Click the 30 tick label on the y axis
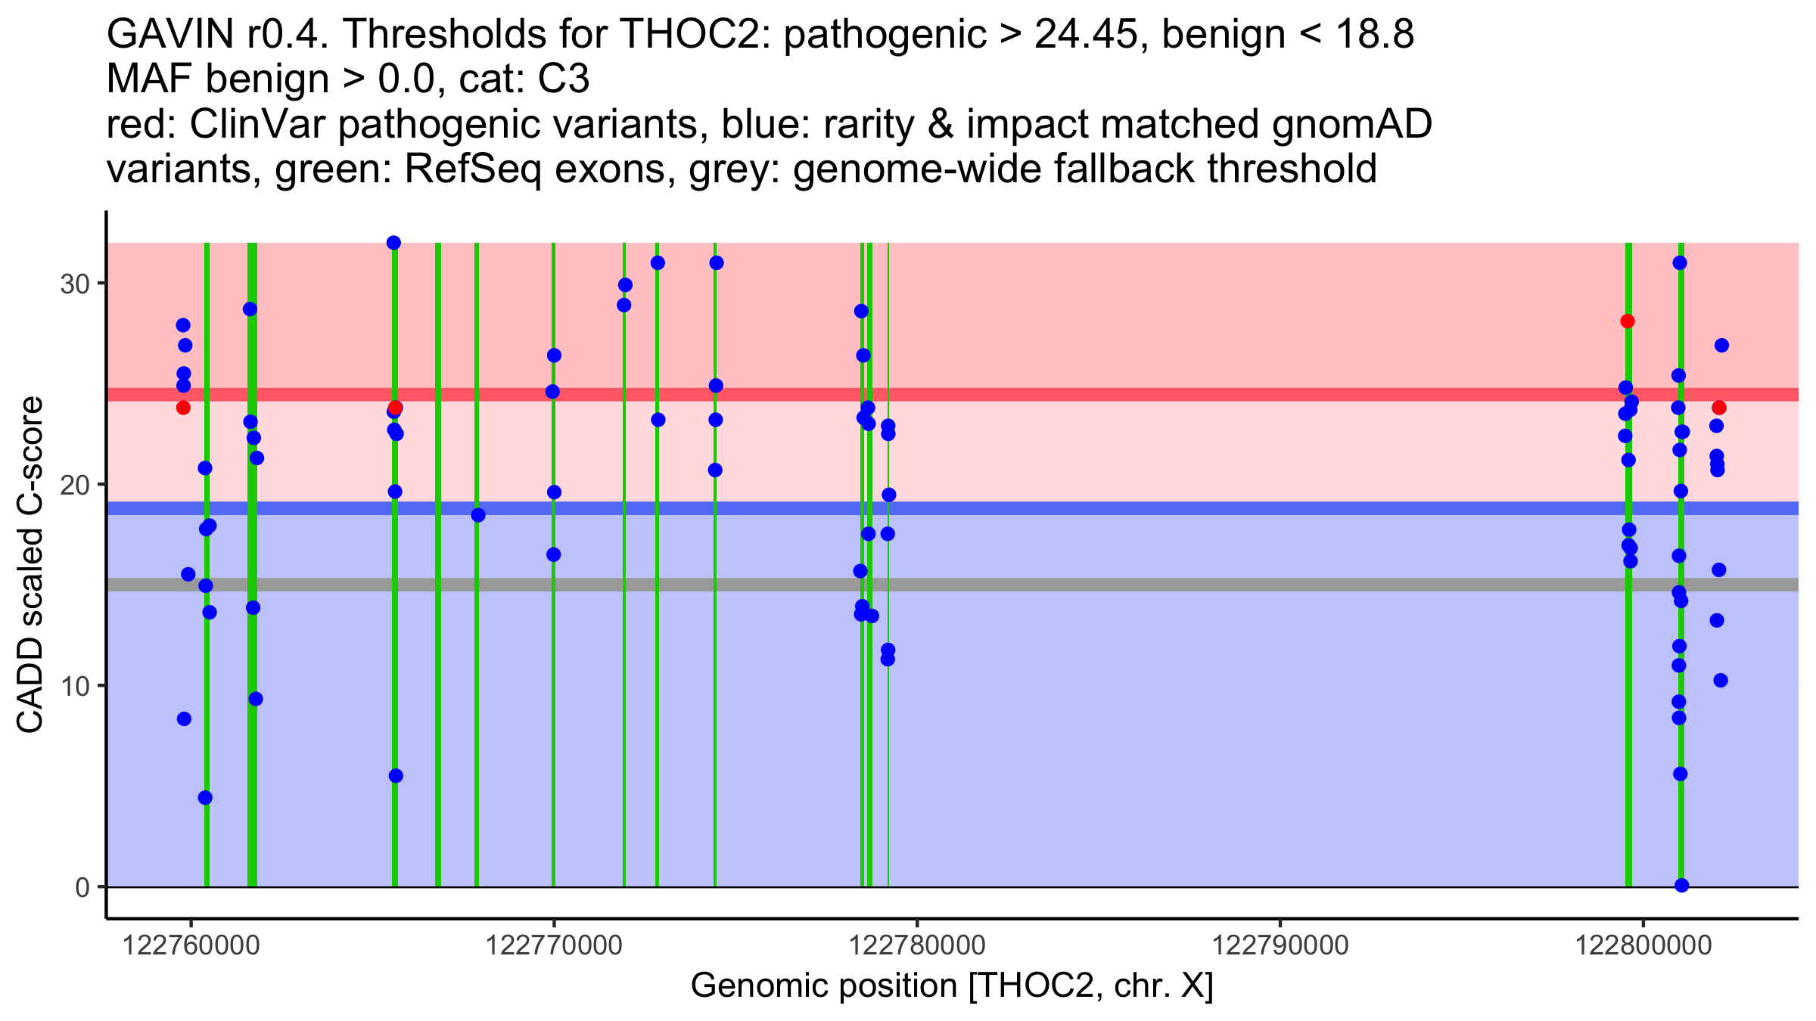(x=75, y=284)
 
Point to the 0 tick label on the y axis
(x=82, y=887)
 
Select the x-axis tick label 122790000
(x=1280, y=945)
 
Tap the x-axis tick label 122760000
(x=191, y=945)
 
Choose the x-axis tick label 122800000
(x=1643, y=945)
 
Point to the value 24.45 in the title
(x=1087, y=34)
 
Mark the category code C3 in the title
(x=564, y=79)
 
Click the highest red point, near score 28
(x=1628, y=321)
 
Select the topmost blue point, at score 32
(x=393, y=243)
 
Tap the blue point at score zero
(x=1681, y=886)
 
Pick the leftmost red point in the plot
(x=183, y=408)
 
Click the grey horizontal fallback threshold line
(x=953, y=585)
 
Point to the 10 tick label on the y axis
(x=75, y=686)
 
